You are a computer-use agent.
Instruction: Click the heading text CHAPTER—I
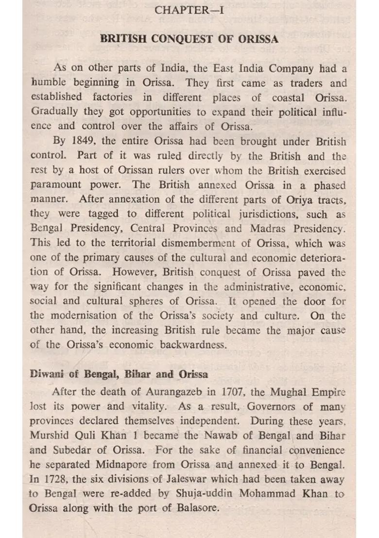[189, 10]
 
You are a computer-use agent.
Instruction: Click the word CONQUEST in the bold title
[182, 39]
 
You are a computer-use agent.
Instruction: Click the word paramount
[57, 185]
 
